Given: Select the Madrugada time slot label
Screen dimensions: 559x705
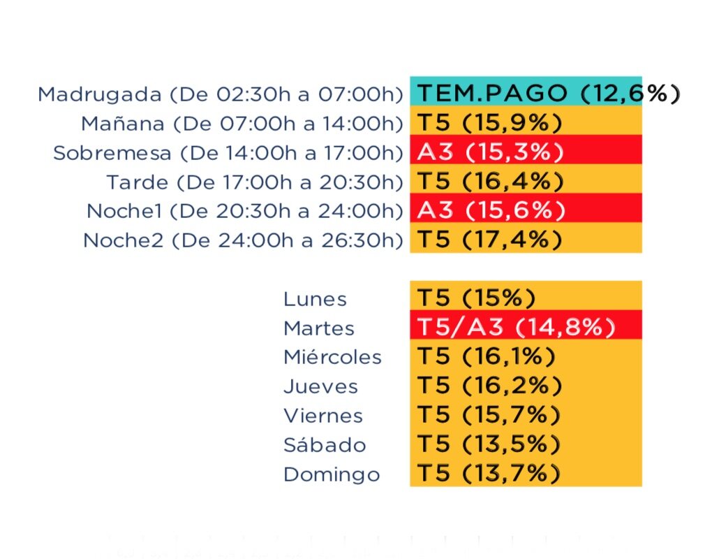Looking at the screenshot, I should (221, 94).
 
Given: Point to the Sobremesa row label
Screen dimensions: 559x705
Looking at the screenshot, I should (228, 153).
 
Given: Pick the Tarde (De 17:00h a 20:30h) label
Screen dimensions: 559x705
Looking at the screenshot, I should (255, 182).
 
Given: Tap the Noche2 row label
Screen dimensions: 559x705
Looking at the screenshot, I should (243, 240).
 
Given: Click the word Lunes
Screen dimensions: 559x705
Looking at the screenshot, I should (315, 299).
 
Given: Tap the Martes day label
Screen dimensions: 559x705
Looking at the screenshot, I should (319, 328).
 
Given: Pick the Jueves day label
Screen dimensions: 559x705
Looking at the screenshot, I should (320, 386).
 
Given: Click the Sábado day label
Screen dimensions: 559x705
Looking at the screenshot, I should (325, 445).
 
